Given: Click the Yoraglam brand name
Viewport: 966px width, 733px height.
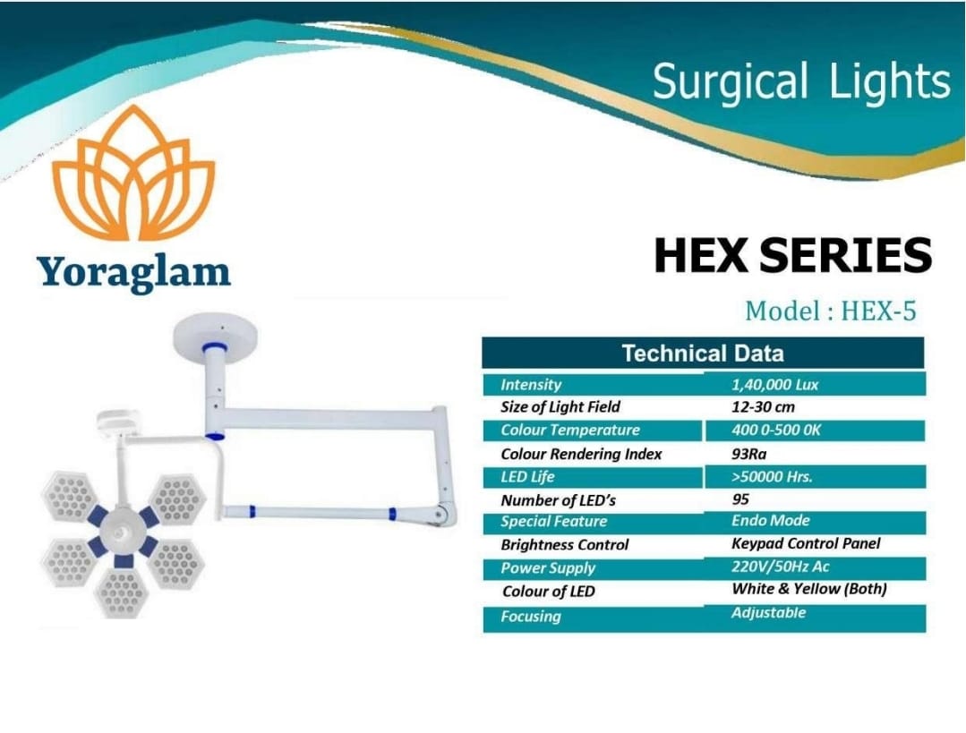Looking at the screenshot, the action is (133, 272).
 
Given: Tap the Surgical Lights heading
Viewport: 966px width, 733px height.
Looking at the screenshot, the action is (801, 82).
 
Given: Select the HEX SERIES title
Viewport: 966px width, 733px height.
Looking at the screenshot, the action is (793, 255).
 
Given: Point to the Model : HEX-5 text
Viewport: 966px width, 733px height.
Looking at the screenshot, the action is (831, 311).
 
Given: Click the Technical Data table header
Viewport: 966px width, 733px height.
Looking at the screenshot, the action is (703, 354).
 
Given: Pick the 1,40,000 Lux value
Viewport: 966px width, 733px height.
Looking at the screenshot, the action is (775, 385).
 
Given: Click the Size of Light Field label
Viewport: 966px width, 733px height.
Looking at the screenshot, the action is (560, 407).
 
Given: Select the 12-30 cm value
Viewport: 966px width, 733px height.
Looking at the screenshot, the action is (764, 407).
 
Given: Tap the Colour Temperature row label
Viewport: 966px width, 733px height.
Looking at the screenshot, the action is (570, 430).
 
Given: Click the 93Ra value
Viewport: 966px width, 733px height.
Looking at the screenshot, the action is (749, 455).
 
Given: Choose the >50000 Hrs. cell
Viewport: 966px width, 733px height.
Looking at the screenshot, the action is (772, 477).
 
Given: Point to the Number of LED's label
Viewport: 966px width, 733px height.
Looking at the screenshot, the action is (558, 500).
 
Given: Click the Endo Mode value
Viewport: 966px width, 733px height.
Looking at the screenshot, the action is (771, 521).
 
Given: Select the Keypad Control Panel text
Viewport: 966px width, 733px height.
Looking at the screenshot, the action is (806, 544).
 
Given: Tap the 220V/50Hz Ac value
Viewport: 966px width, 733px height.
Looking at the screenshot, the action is (781, 567).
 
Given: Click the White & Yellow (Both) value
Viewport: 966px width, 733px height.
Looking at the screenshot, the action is (809, 589).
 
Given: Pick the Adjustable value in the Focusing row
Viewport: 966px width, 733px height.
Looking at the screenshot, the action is (768, 613).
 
